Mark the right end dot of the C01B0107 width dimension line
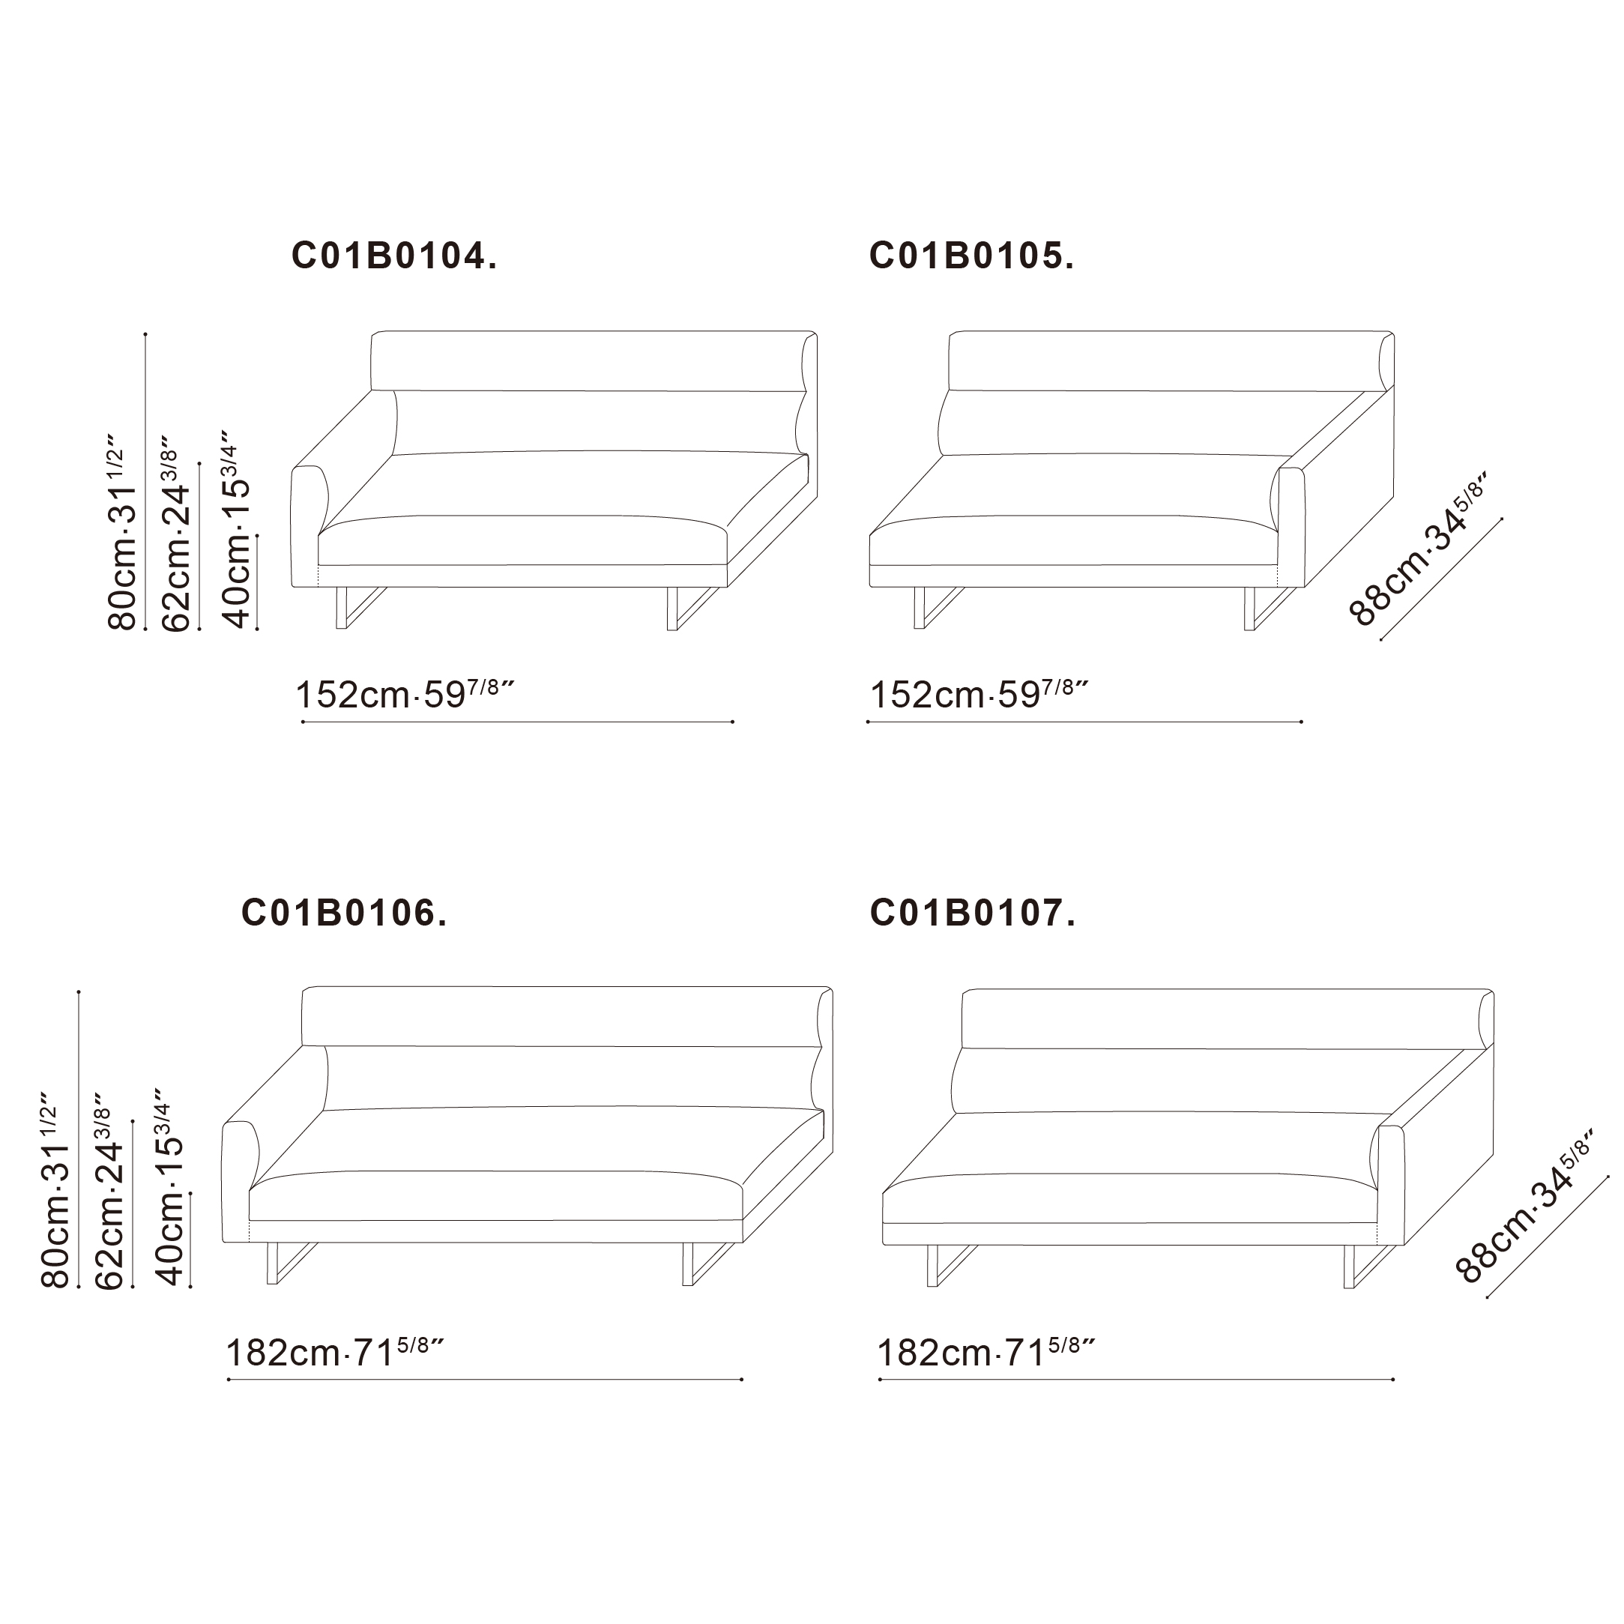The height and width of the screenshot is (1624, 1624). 1394,1380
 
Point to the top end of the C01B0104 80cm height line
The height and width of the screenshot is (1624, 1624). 145,333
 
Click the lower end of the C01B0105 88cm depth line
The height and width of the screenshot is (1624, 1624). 1381,641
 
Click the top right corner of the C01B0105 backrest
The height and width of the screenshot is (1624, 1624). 1394,333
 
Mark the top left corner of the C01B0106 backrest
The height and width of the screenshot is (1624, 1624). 303,990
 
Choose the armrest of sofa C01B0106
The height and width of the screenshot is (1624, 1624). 241,1182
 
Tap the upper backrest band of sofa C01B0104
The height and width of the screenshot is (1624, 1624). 594,361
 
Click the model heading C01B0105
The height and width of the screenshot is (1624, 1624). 972,256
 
